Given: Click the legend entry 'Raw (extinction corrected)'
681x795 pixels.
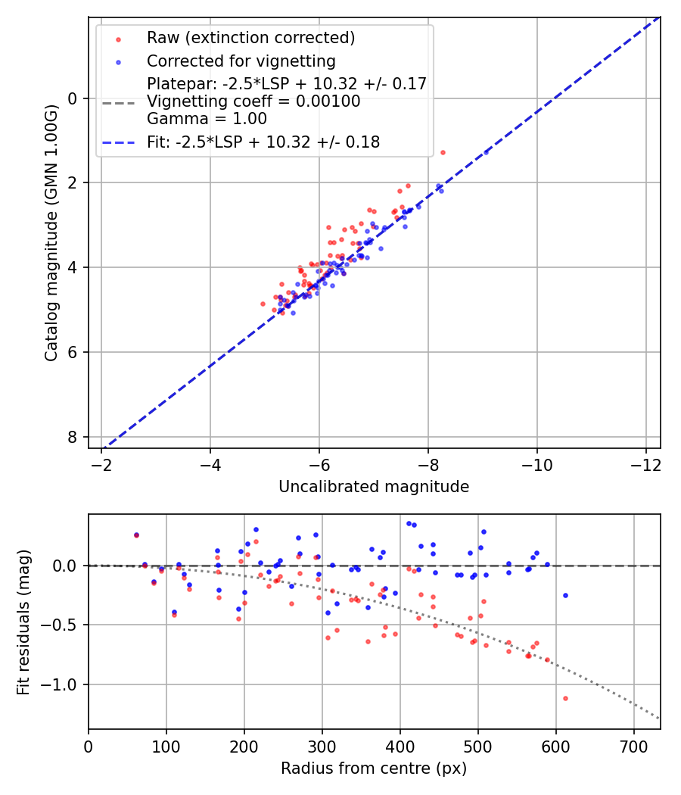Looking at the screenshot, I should [x=250, y=38].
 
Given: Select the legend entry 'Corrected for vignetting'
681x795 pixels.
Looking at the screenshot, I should [x=241, y=61].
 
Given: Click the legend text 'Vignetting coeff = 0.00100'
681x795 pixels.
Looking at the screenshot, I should [x=253, y=101].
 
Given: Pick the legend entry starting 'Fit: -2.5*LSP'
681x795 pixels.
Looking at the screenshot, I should [x=263, y=142].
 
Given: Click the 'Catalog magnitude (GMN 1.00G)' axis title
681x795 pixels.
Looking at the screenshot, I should [x=51, y=232].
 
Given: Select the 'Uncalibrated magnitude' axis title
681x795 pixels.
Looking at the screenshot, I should [x=374, y=487].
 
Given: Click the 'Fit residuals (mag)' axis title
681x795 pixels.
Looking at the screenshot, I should [x=23, y=622].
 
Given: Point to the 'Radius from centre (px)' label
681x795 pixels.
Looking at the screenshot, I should [x=374, y=768].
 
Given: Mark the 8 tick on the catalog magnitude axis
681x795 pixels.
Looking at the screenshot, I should [x=73, y=437].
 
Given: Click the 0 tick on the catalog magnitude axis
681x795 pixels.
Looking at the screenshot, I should [x=73, y=98].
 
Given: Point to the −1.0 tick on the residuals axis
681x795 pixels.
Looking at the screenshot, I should [x=64, y=684].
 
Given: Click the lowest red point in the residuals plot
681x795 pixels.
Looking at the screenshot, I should [x=565, y=698].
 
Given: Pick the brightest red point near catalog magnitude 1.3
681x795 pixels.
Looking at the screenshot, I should [x=443, y=152].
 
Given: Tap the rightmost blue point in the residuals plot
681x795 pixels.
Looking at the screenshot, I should [x=565, y=595].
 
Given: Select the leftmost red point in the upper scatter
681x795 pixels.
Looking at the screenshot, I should [x=263, y=304].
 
